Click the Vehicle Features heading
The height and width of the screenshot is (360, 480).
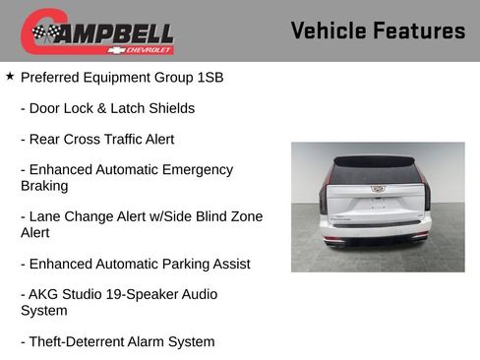(x=378, y=30)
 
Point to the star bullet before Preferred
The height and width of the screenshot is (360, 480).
(x=10, y=76)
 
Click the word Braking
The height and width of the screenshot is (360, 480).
(x=46, y=186)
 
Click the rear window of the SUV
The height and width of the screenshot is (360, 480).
(x=377, y=172)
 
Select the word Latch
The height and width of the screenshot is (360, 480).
(x=111, y=108)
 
